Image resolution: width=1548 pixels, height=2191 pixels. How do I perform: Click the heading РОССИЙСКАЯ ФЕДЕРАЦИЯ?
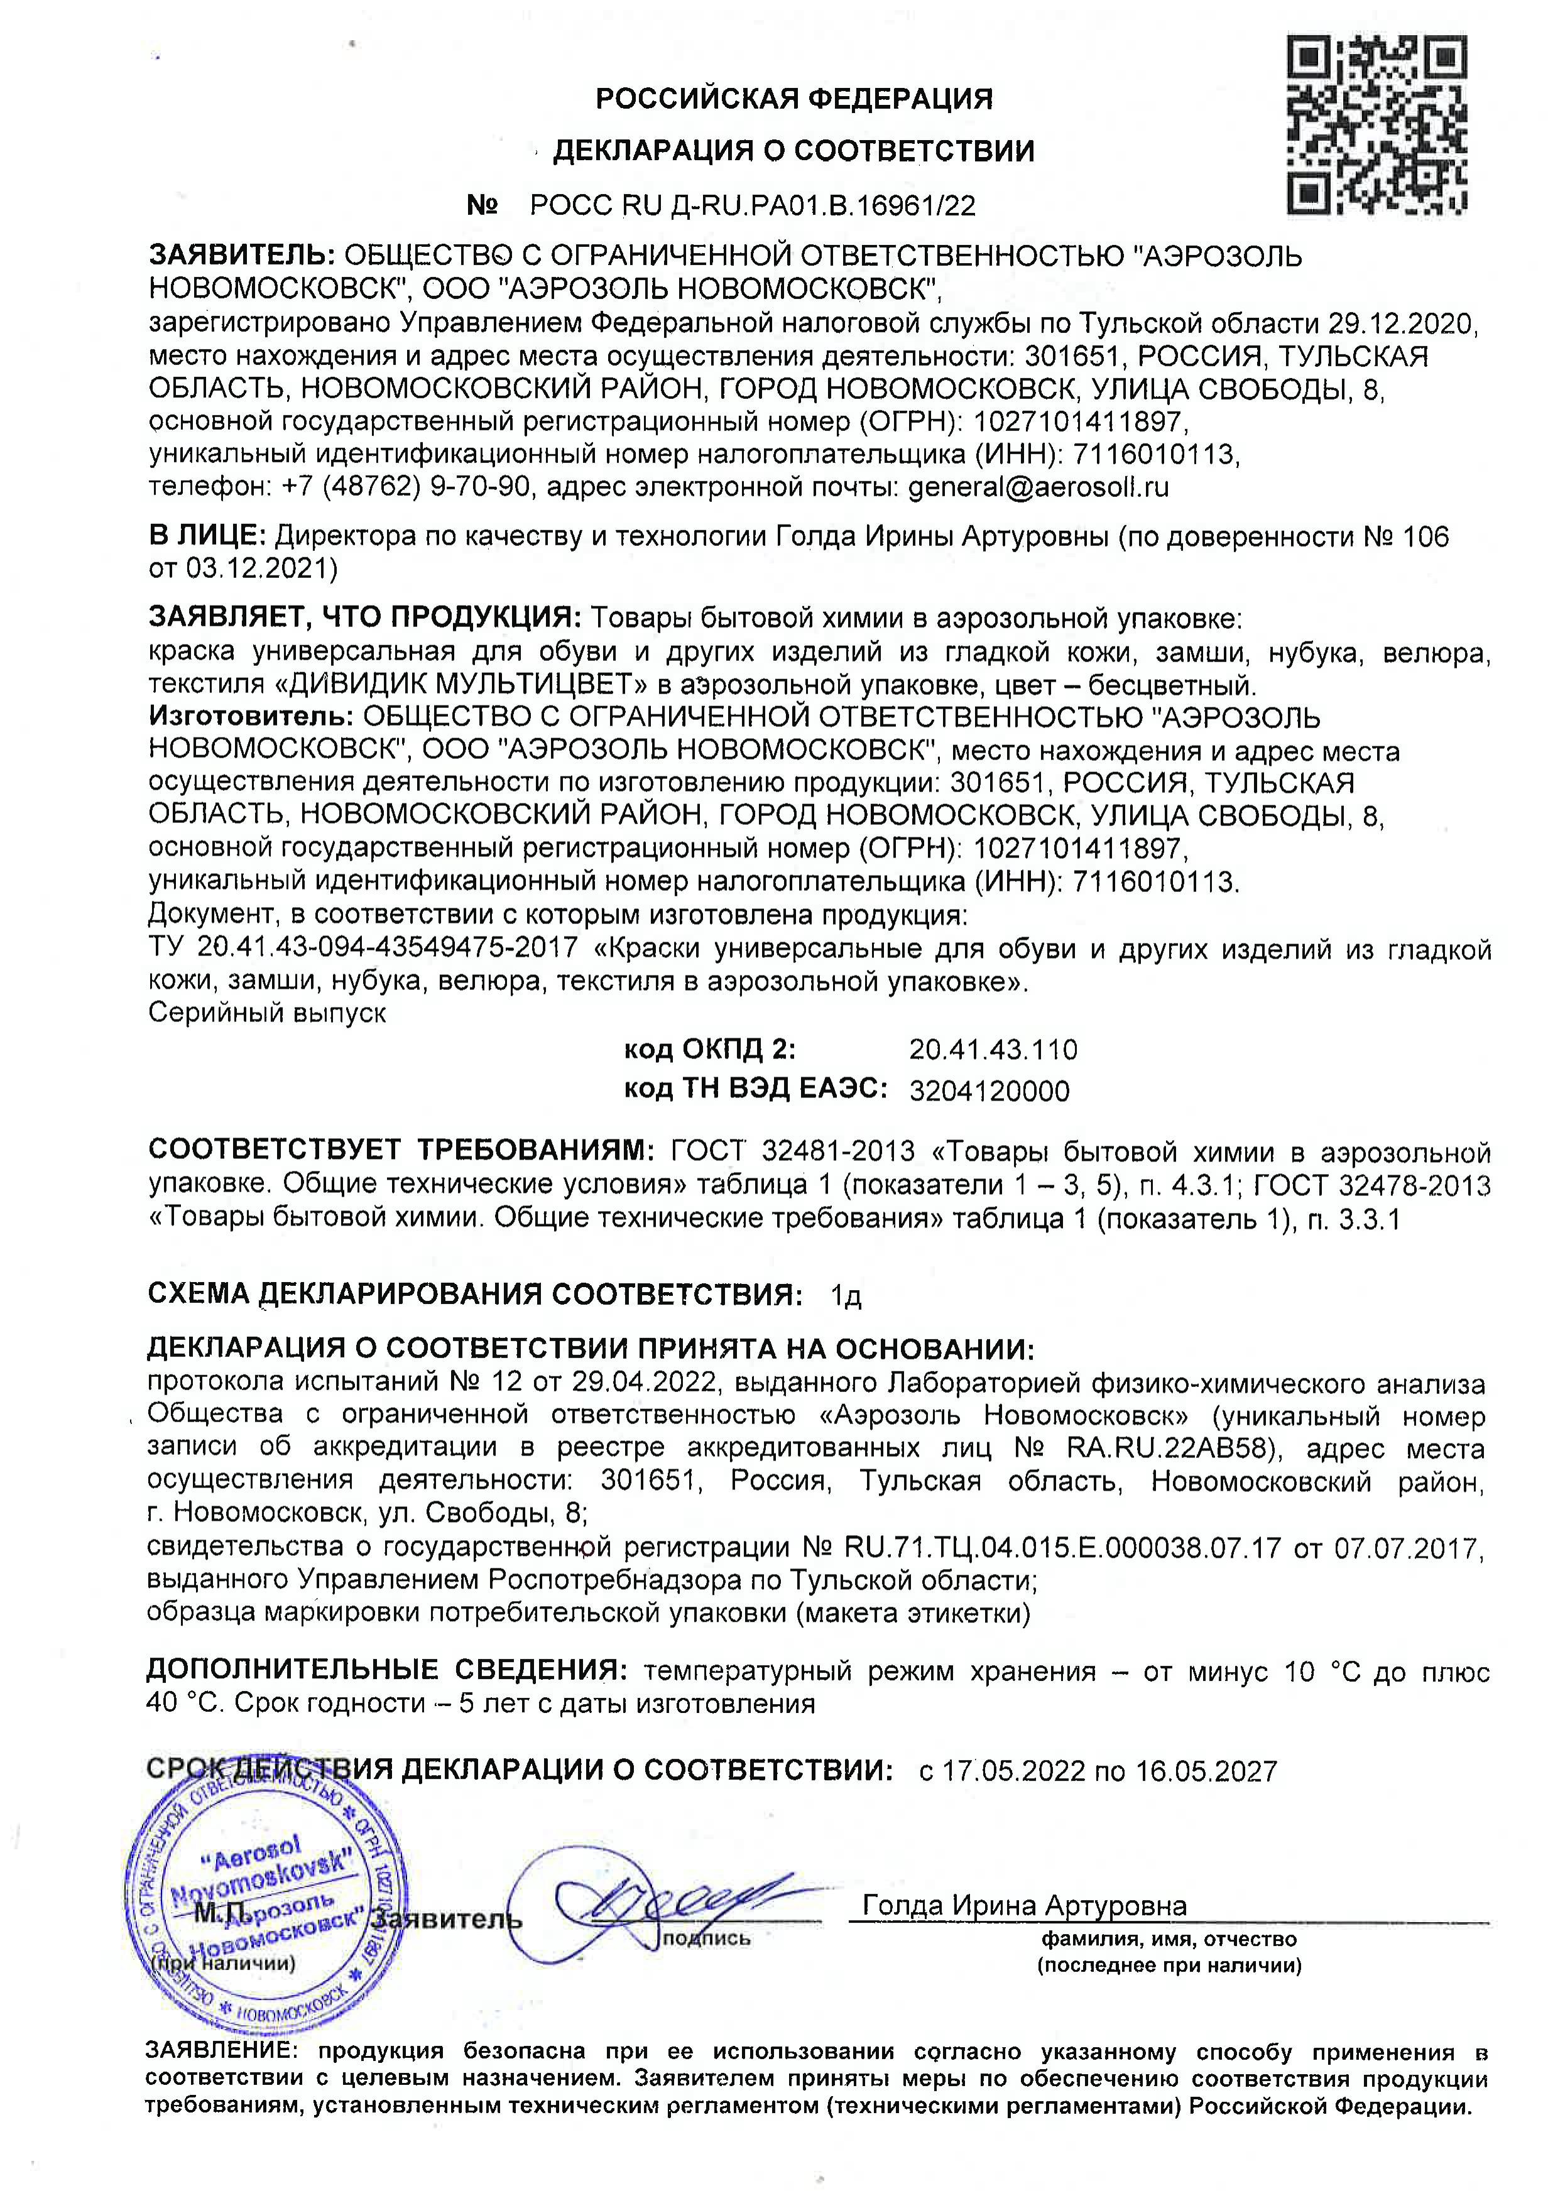coord(794,98)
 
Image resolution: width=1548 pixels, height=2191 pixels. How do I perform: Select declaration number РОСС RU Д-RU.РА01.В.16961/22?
coord(753,206)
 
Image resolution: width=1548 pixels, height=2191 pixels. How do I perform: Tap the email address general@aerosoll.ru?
coord(1038,487)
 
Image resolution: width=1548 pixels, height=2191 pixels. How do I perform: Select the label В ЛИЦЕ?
coord(207,536)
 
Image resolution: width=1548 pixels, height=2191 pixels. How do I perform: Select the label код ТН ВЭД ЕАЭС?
coord(756,1090)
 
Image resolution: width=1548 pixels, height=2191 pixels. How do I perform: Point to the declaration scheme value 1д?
coord(846,1296)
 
